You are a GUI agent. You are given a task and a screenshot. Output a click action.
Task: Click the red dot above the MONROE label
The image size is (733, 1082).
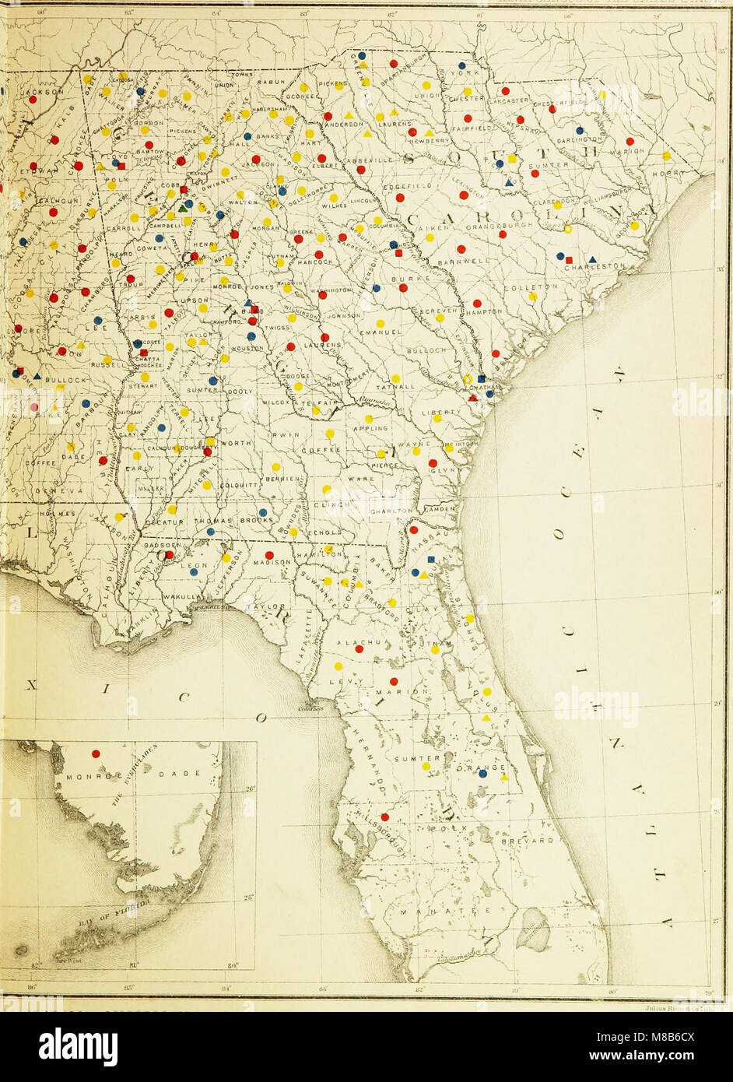(x=96, y=754)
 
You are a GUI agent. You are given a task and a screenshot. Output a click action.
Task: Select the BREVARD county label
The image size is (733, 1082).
(x=531, y=841)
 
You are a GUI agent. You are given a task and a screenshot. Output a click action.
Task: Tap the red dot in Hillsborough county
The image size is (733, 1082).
(x=384, y=817)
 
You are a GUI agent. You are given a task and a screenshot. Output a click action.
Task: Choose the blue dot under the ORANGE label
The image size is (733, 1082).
(x=483, y=773)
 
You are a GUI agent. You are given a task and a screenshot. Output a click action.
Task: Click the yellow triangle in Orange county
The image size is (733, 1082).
(x=503, y=777)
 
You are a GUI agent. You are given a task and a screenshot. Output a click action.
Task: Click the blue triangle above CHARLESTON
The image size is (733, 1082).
(x=592, y=258)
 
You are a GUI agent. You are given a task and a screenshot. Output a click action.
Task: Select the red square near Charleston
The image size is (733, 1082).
(x=569, y=258)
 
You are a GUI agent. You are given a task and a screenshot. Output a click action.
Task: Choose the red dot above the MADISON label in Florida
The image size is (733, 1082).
(x=268, y=555)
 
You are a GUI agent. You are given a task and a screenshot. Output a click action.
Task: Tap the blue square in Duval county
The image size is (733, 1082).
(x=431, y=559)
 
